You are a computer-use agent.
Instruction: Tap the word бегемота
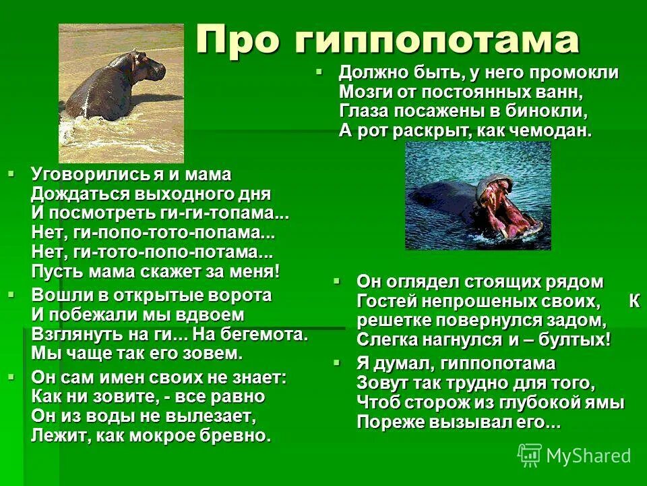coord(262,335)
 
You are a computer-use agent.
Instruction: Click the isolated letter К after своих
coord(634,300)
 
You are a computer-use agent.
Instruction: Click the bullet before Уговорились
coord(11,174)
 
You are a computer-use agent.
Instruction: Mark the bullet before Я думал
coord(337,363)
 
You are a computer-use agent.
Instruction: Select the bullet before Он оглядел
coord(337,279)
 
